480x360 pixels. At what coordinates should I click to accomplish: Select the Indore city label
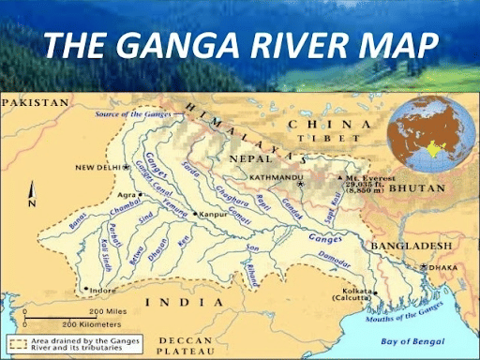click(x=103, y=290)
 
